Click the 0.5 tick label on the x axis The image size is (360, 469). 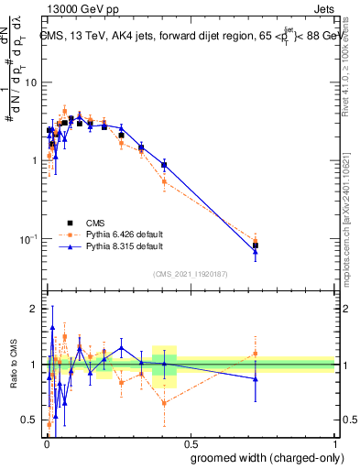(x=189, y=442)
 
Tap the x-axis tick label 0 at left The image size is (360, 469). (x=46, y=442)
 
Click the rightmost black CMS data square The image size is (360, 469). (x=256, y=245)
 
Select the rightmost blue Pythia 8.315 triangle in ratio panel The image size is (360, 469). (x=256, y=378)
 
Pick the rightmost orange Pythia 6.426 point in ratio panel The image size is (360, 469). (x=256, y=354)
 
